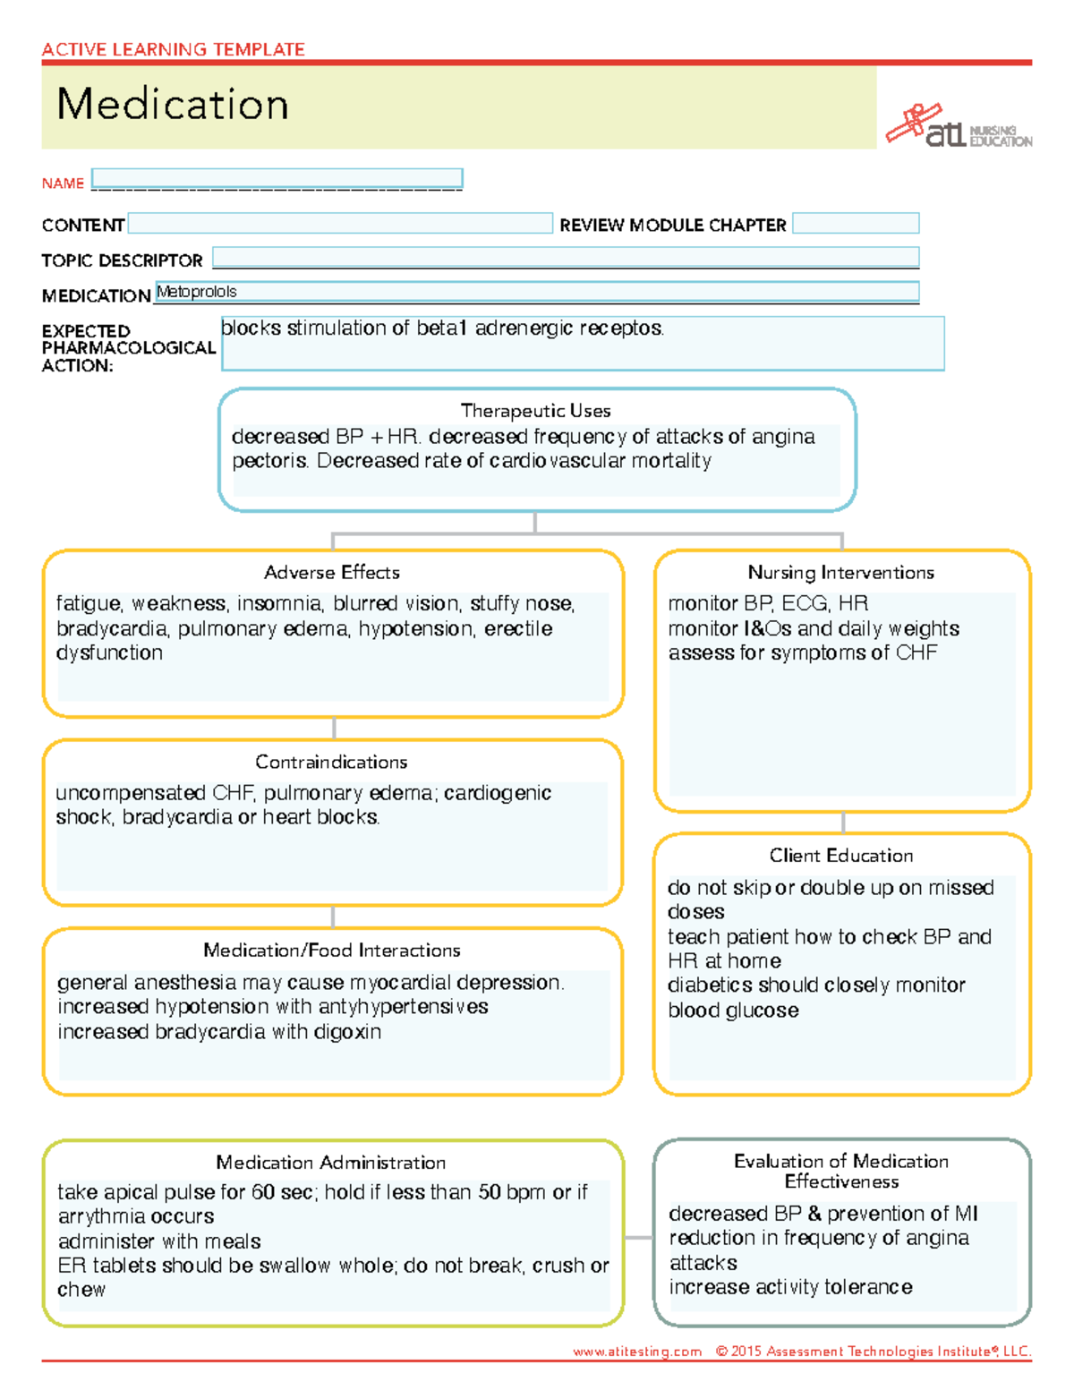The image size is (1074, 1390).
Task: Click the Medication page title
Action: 173,105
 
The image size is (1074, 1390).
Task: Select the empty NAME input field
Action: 277,178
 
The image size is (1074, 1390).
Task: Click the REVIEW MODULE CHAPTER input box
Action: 856,224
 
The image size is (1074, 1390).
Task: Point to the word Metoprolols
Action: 197,292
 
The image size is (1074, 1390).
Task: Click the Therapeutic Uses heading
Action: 535,411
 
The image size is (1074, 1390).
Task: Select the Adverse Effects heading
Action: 332,573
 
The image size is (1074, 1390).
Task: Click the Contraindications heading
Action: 331,763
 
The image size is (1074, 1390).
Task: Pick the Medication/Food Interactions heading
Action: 332,951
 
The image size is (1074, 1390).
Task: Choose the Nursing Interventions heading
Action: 841,573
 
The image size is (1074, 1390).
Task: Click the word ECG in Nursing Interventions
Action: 805,604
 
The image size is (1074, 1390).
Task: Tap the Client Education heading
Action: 841,856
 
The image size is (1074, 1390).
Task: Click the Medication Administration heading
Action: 331,1163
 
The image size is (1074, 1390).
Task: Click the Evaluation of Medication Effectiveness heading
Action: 841,1171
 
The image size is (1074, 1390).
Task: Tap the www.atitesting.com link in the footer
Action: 637,1352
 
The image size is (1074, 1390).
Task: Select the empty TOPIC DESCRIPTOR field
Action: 566,258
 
